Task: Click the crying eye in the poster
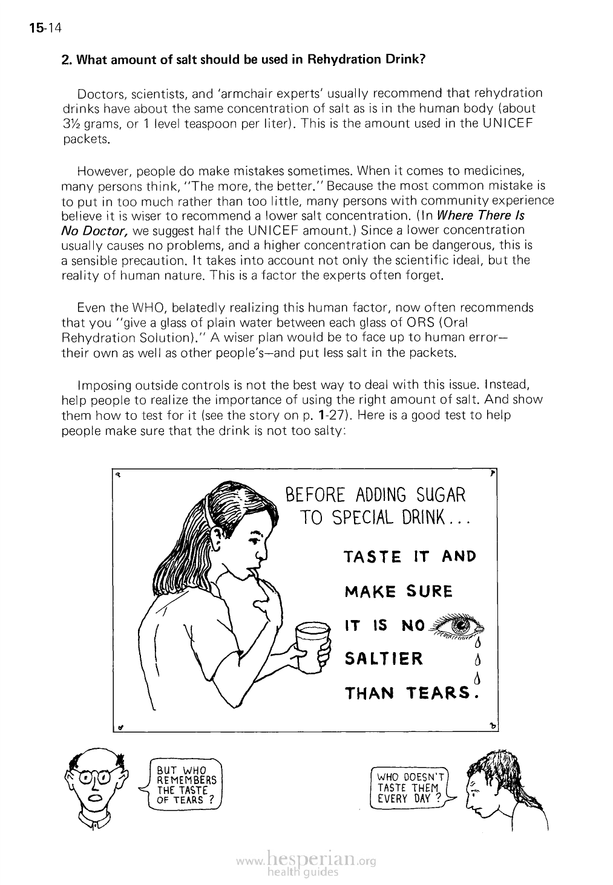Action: click(x=460, y=624)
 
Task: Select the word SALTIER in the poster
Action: click(x=384, y=658)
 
